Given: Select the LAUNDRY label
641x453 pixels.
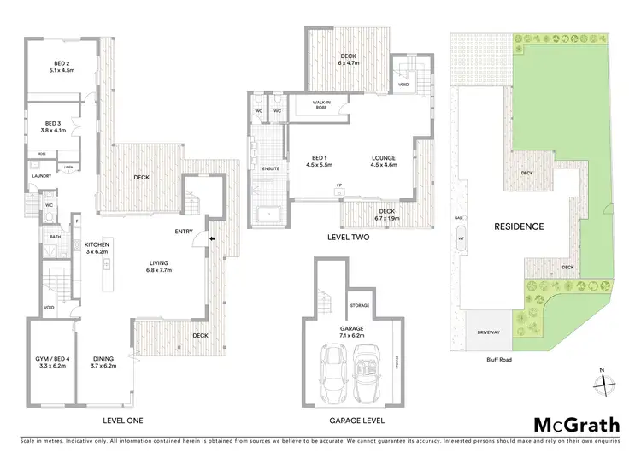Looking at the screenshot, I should pyautogui.click(x=42, y=176).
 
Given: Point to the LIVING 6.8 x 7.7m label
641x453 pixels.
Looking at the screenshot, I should pyautogui.click(x=159, y=265).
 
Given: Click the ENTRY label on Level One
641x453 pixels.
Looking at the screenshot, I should pyautogui.click(x=184, y=231).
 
